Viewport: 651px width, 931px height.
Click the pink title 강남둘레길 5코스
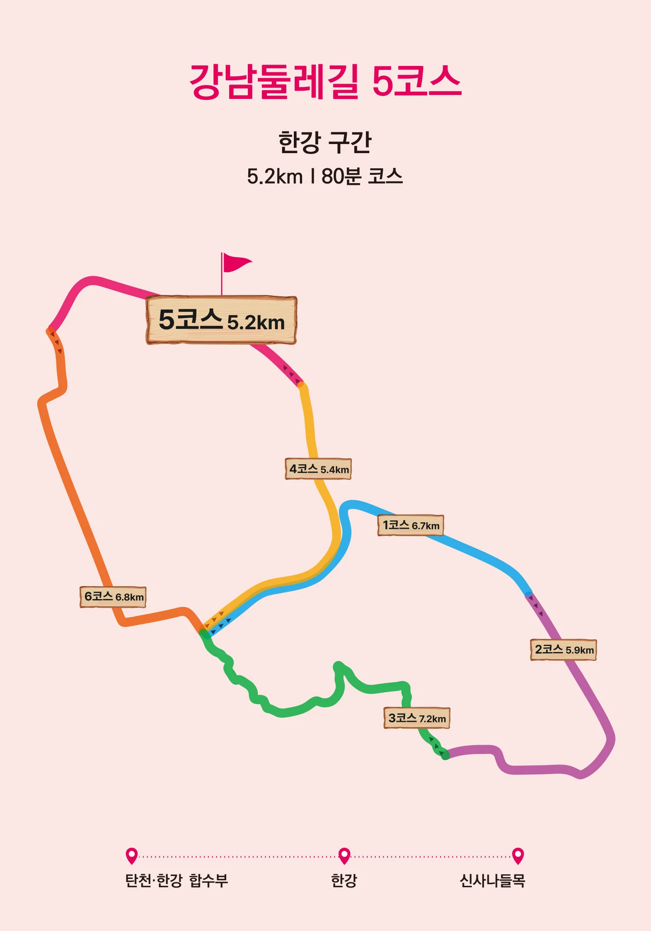pos(325,82)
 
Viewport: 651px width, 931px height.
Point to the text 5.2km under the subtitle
pos(274,177)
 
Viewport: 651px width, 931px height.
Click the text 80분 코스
pos(362,177)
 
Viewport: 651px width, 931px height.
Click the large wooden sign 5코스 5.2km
pos(221,320)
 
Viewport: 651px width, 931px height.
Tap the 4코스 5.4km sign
pos(318,469)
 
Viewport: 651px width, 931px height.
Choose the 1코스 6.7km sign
pos(411,525)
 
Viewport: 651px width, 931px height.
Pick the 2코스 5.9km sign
pos(563,650)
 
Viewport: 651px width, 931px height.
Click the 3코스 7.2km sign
pos(417,718)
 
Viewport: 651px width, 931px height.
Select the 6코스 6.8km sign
pos(113,597)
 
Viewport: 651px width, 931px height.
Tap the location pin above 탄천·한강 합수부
pos(132,856)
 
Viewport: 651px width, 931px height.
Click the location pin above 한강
pos(344,856)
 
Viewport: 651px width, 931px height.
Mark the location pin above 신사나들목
pos(518,856)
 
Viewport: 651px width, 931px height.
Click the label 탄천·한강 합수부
pos(176,881)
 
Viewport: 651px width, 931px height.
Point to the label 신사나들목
pos(492,881)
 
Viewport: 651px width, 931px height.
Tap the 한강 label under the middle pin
pos(344,881)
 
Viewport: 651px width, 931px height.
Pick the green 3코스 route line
pos(282,711)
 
